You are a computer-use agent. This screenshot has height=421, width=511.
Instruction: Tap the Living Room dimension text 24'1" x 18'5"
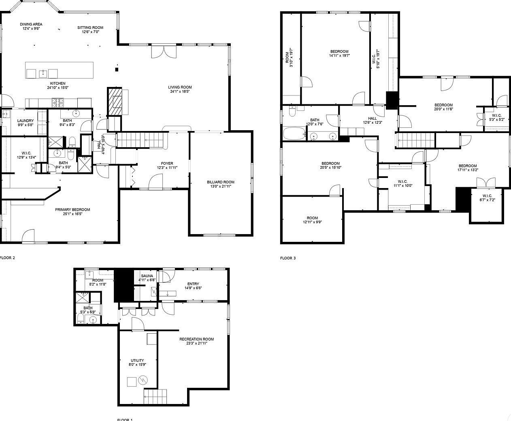[180, 92]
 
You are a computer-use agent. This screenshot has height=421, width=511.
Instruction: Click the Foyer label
[167, 163]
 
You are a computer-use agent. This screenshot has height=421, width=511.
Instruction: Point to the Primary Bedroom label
[72, 209]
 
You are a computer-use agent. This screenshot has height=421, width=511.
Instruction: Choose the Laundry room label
[25, 121]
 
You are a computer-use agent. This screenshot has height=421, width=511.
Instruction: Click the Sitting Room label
[90, 28]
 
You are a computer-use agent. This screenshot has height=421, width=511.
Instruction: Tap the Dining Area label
[31, 24]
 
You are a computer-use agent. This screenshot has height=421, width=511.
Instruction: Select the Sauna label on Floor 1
[147, 276]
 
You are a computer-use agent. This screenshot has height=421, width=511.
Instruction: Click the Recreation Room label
[196, 339]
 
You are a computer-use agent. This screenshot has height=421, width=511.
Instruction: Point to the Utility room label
[137, 360]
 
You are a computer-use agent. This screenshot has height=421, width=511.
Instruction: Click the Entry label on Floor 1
[193, 283]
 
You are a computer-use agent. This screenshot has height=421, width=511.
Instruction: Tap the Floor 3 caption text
[288, 258]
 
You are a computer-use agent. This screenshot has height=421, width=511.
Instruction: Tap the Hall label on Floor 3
[373, 118]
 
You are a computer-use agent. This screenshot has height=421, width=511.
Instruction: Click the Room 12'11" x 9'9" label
[312, 218]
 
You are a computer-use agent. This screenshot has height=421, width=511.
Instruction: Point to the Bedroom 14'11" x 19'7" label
[339, 51]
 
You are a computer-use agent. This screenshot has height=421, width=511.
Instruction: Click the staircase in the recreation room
[155, 395]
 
